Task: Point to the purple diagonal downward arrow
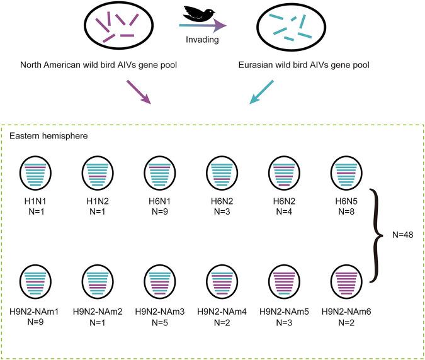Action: coord(140,92)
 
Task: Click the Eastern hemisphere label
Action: coord(48,135)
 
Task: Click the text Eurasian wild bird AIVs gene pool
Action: coord(293,65)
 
